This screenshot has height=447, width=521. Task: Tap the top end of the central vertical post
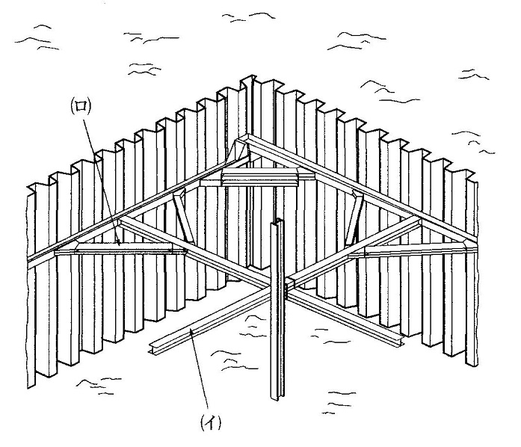coord(278,222)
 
